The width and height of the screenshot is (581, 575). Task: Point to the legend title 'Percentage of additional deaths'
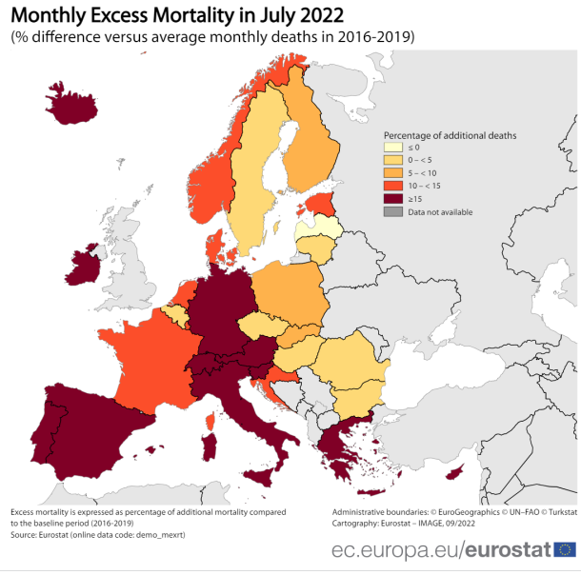450,135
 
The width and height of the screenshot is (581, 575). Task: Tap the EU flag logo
564,549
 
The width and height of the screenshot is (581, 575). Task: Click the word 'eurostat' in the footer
510,550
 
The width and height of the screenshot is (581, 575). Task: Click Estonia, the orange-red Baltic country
325,203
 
